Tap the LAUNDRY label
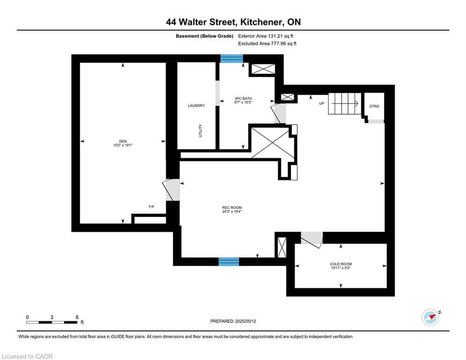196,106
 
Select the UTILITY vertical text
200,130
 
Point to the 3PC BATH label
243,98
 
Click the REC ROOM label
232,208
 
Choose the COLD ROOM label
340,264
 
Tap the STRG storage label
374,106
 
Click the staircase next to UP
343,103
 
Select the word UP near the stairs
322,104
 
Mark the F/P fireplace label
151,207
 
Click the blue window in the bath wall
232,59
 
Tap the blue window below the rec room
229,262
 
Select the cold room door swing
311,239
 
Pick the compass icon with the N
430,317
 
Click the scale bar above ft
52,322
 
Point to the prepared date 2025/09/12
233,321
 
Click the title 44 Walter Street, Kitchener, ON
233,22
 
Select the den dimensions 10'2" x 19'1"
123,145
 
